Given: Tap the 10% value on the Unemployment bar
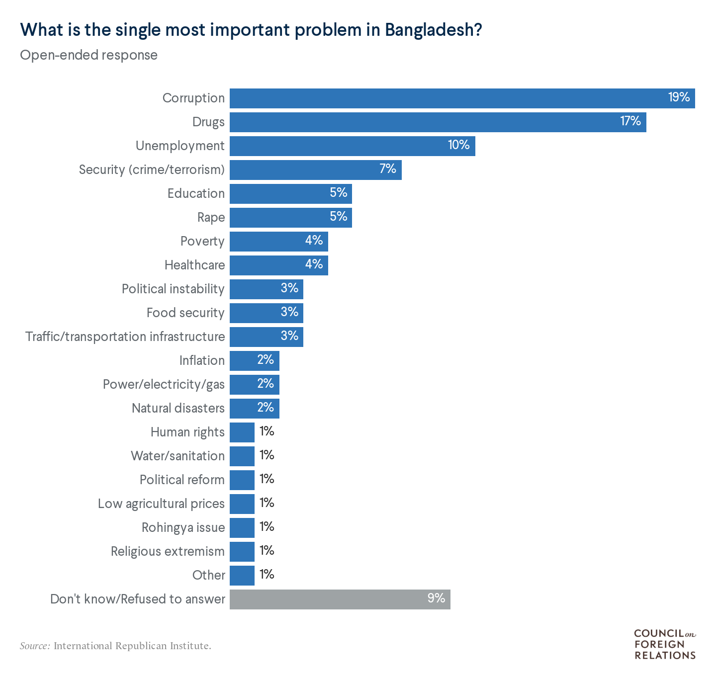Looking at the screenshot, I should [x=458, y=145].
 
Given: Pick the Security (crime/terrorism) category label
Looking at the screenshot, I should [x=152, y=170].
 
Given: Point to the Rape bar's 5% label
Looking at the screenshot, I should [x=339, y=217].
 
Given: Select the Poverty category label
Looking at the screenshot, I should [x=202, y=242].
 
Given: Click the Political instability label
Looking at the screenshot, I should [x=173, y=289].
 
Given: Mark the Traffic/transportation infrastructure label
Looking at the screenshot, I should [x=125, y=337].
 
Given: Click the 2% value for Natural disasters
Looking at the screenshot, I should [x=266, y=408].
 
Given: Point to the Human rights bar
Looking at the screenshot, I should [x=242, y=432].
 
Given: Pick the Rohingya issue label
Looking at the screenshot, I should [x=183, y=528].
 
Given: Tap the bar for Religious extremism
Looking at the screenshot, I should [x=242, y=552].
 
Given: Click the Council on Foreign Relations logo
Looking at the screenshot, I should [x=665, y=644].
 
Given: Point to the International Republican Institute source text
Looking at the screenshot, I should [x=132, y=646].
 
